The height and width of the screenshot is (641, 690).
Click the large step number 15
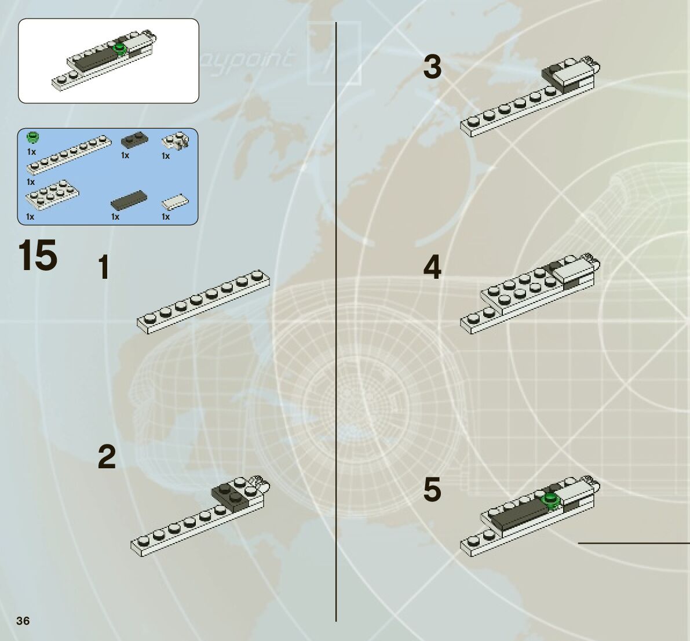[38, 256]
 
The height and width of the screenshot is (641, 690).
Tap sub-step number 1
[104, 268]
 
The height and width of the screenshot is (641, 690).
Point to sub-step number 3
[432, 67]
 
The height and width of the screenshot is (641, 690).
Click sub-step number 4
[432, 268]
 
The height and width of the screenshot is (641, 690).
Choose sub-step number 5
[432, 490]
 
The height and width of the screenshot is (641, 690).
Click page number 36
[23, 621]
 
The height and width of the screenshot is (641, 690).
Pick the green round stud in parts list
[34, 137]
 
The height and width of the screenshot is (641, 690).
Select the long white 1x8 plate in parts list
[70, 155]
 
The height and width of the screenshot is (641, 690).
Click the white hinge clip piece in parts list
[177, 141]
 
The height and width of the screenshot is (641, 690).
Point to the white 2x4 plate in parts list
[52, 194]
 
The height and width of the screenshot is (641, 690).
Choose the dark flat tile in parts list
[129, 200]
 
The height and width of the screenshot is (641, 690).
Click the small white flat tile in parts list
[176, 201]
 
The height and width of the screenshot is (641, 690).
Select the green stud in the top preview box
[120, 49]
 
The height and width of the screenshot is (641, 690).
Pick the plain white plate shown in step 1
[203, 302]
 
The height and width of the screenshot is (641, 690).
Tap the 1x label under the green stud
[31, 152]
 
